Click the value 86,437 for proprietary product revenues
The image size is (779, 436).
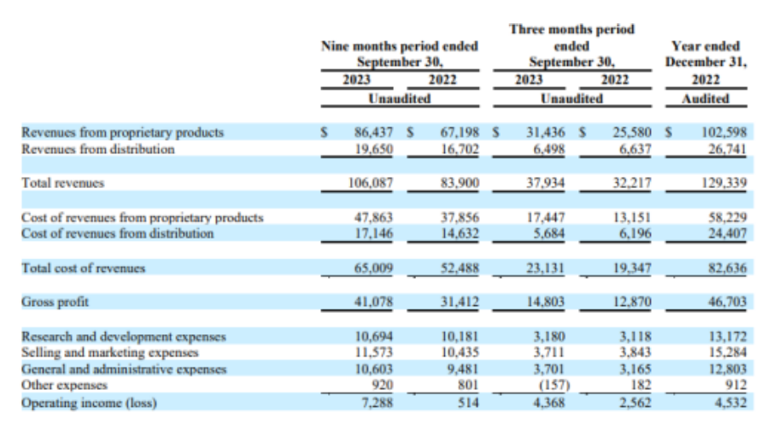pos(372,133)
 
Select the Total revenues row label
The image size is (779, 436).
pos(62,182)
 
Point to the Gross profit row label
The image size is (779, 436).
pos(55,302)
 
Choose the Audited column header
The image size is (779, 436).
pos(706,98)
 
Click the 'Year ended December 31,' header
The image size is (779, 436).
pos(706,54)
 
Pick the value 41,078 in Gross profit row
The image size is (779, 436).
pos(372,302)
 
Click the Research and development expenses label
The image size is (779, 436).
pos(123,337)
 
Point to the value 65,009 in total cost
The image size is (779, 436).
pos(372,268)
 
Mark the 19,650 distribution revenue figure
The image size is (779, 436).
pos(372,149)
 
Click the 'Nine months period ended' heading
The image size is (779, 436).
pos(398,45)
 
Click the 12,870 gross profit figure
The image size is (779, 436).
pos(632,302)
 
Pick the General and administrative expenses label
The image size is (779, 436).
pos(123,369)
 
